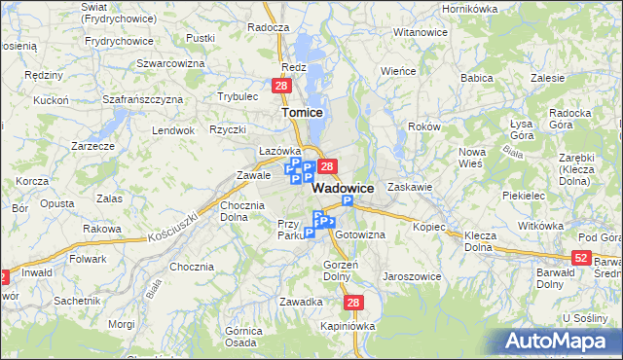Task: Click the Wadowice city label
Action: point(344,188)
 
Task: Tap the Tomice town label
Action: point(302,112)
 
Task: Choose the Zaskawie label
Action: point(409,186)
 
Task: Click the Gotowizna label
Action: point(360,234)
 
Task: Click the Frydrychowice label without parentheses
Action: point(120,41)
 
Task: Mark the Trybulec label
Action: point(238,96)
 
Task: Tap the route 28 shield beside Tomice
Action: point(280,87)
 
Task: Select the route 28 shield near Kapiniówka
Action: point(353,304)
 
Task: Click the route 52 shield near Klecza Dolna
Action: point(581,257)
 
